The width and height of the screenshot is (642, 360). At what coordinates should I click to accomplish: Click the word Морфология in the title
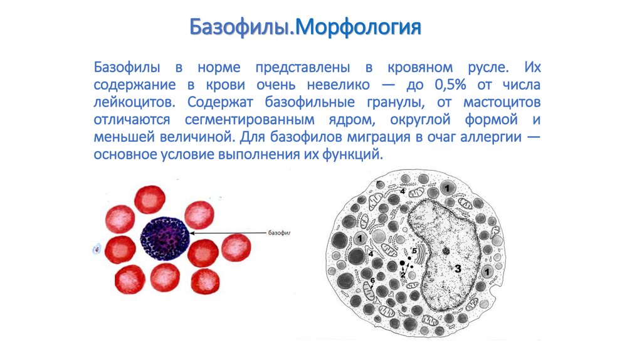click(x=358, y=28)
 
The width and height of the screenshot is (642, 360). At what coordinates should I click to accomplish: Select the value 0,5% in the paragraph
click(x=451, y=85)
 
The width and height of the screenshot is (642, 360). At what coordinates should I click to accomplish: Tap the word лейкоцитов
click(x=134, y=102)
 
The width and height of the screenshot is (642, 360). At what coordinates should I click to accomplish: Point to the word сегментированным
click(x=250, y=120)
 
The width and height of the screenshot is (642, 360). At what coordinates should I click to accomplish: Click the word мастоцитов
click(x=502, y=102)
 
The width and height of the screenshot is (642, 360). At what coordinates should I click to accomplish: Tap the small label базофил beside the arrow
click(x=279, y=233)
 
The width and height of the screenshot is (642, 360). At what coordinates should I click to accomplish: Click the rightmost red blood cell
click(x=236, y=248)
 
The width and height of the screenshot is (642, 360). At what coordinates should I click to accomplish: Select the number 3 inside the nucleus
click(x=457, y=268)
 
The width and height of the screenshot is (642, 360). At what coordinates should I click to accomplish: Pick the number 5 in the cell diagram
click(x=414, y=251)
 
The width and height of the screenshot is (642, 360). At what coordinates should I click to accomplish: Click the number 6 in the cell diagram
click(x=372, y=280)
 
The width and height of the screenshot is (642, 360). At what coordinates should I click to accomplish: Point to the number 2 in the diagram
click(x=403, y=275)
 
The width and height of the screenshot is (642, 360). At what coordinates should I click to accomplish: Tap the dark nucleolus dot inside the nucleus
click(x=446, y=251)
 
